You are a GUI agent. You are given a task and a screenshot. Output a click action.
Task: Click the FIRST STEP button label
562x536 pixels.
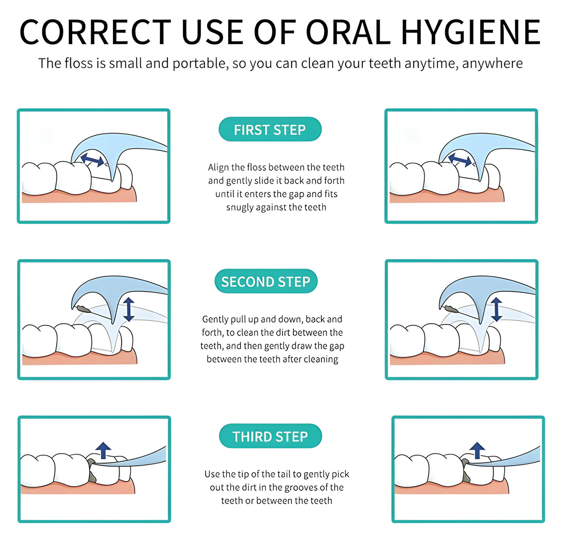(270, 130)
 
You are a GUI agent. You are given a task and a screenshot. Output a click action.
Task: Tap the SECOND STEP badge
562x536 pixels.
(266, 281)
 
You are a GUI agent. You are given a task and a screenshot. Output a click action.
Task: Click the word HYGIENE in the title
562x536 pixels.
(471, 32)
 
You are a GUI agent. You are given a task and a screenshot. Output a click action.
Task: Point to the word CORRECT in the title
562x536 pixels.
(95, 32)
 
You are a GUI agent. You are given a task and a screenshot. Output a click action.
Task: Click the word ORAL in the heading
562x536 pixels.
(348, 32)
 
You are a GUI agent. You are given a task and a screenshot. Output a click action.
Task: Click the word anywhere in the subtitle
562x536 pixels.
(492, 63)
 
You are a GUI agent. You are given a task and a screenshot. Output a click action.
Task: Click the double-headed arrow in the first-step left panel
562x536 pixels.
(92, 160)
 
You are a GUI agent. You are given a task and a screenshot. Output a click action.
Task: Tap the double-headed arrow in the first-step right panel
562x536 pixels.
(460, 160)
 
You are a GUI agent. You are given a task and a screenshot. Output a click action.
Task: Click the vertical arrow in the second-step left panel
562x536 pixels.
(129, 309)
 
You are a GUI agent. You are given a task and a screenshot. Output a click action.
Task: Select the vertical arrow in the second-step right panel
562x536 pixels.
(497, 309)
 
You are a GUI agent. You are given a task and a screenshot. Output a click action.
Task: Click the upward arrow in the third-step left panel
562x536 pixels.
(103, 451)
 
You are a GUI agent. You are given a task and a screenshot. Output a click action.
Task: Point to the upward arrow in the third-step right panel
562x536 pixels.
(477, 451)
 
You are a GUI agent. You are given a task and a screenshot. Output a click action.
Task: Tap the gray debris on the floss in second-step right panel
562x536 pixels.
(451, 309)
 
